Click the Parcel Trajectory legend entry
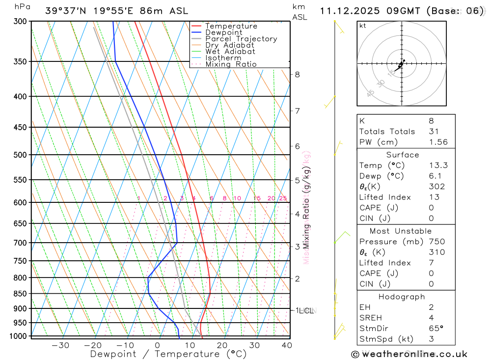coord(241,39)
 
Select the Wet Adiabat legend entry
coord(230,52)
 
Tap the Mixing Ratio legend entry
coord(231,64)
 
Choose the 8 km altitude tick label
coord(298,75)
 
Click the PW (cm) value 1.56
coord(438,142)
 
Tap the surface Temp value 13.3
coord(438,166)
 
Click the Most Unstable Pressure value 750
coord(436,242)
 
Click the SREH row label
coord(371,318)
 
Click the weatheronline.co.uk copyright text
coord(409,354)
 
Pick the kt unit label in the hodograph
coord(363,26)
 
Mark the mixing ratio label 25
coord(283,198)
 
